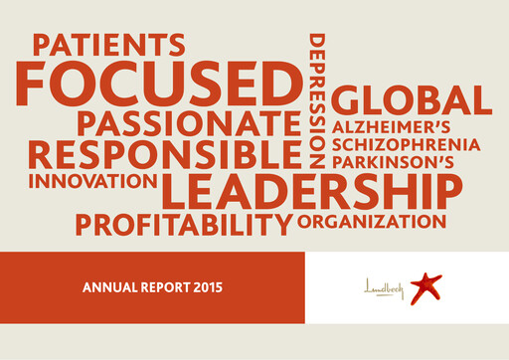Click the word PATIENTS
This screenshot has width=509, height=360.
coord(108,45)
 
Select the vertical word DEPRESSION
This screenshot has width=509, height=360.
coord(317,100)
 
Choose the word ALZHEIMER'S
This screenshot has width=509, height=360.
coord(392,128)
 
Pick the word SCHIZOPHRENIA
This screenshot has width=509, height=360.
coord(407,145)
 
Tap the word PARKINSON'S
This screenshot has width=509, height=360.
coord(394,161)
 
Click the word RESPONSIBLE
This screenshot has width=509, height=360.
coord(164,155)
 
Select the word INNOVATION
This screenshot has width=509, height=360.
coord(92,182)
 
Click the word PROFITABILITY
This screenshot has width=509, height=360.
coord(184,224)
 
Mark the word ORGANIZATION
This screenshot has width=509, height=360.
coord(372,220)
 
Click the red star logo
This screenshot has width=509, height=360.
coord(425,286)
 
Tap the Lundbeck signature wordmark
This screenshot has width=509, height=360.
coord(385,288)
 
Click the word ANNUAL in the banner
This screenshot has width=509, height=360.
coord(107,288)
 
